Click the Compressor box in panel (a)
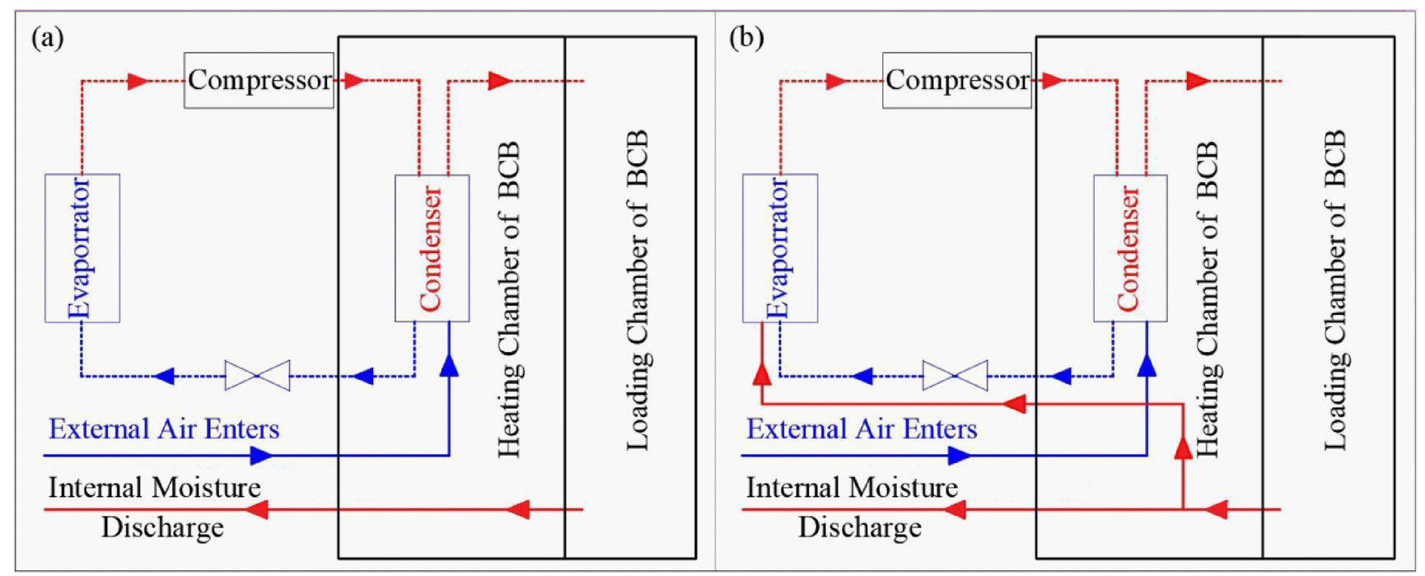[259, 81]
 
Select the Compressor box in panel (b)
[956, 81]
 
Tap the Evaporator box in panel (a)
[82, 247]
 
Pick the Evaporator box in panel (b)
[779, 247]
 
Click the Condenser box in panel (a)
[432, 247]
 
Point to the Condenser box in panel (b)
[1129, 247]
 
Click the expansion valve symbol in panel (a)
[257, 376]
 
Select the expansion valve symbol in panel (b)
[955, 376]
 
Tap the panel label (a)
[47, 38]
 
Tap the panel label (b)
[746, 38]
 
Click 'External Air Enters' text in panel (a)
[164, 429]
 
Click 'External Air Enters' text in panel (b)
[862, 429]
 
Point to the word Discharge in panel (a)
[162, 527]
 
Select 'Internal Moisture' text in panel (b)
[852, 488]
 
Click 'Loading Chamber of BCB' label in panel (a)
[638, 290]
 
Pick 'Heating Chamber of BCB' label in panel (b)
[1207, 298]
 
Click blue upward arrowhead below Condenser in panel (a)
[449, 365]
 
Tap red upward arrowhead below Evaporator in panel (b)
[762, 375]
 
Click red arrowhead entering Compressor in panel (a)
[138, 81]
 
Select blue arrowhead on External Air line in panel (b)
[960, 455]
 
